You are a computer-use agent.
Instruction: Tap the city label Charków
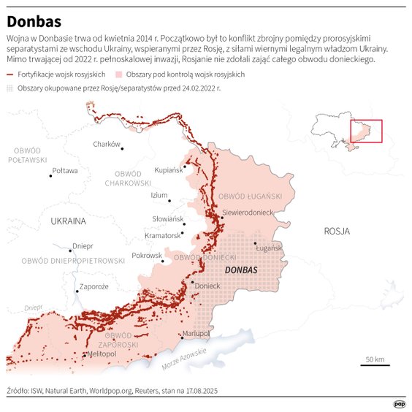[x=106, y=144]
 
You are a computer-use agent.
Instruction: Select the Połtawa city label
[x=64, y=172]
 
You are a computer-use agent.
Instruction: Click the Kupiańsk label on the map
[x=169, y=170]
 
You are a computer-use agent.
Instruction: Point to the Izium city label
[x=159, y=195]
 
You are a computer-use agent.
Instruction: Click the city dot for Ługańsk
[x=255, y=243]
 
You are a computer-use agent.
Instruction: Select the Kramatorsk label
[x=162, y=235]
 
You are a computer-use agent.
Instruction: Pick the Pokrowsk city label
[x=147, y=256]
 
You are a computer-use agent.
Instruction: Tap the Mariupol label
[x=196, y=333]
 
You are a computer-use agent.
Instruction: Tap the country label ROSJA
[x=337, y=231]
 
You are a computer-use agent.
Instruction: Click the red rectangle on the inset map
[x=366, y=131]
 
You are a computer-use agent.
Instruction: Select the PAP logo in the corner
[x=399, y=403]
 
